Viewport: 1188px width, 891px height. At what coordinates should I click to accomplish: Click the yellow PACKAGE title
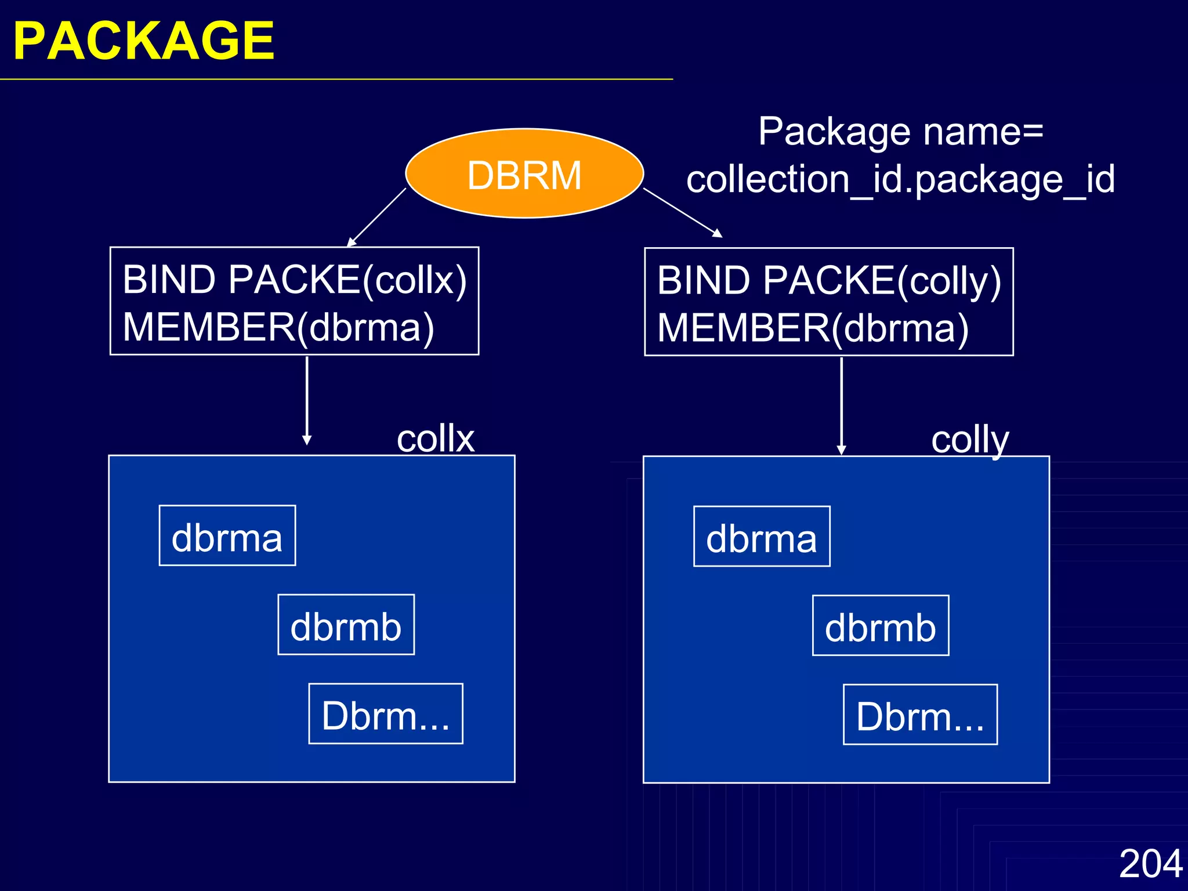click(x=143, y=41)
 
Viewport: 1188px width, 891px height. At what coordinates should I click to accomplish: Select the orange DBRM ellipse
click(x=524, y=173)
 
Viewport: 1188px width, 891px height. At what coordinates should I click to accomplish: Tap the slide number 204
click(x=1150, y=863)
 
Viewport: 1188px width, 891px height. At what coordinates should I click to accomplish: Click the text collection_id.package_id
click(x=900, y=179)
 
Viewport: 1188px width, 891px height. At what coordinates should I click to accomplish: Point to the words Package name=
click(x=900, y=132)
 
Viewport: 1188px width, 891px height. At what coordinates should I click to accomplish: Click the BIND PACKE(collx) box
click(x=294, y=301)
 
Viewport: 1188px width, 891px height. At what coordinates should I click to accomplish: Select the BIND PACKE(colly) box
click(x=828, y=302)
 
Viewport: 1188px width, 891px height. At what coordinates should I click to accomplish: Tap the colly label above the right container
click(x=970, y=440)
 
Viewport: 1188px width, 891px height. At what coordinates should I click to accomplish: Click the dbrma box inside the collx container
click(x=227, y=535)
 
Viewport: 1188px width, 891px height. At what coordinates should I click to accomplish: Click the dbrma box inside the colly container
click(x=762, y=537)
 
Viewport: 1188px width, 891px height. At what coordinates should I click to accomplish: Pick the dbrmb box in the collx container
click(x=346, y=625)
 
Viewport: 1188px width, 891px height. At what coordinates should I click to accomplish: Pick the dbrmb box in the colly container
click(x=881, y=625)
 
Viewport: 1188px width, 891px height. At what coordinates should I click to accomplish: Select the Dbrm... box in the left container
click(x=386, y=713)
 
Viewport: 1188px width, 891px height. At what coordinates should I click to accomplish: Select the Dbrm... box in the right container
click(x=920, y=715)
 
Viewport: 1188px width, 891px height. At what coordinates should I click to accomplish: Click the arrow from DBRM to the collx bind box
click(x=377, y=217)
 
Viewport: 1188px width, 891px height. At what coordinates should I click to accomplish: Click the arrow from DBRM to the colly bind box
click(x=682, y=212)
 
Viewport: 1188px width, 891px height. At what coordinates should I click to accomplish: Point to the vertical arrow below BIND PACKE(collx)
click(x=307, y=400)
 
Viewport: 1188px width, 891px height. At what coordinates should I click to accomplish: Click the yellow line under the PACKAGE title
click(x=336, y=79)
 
